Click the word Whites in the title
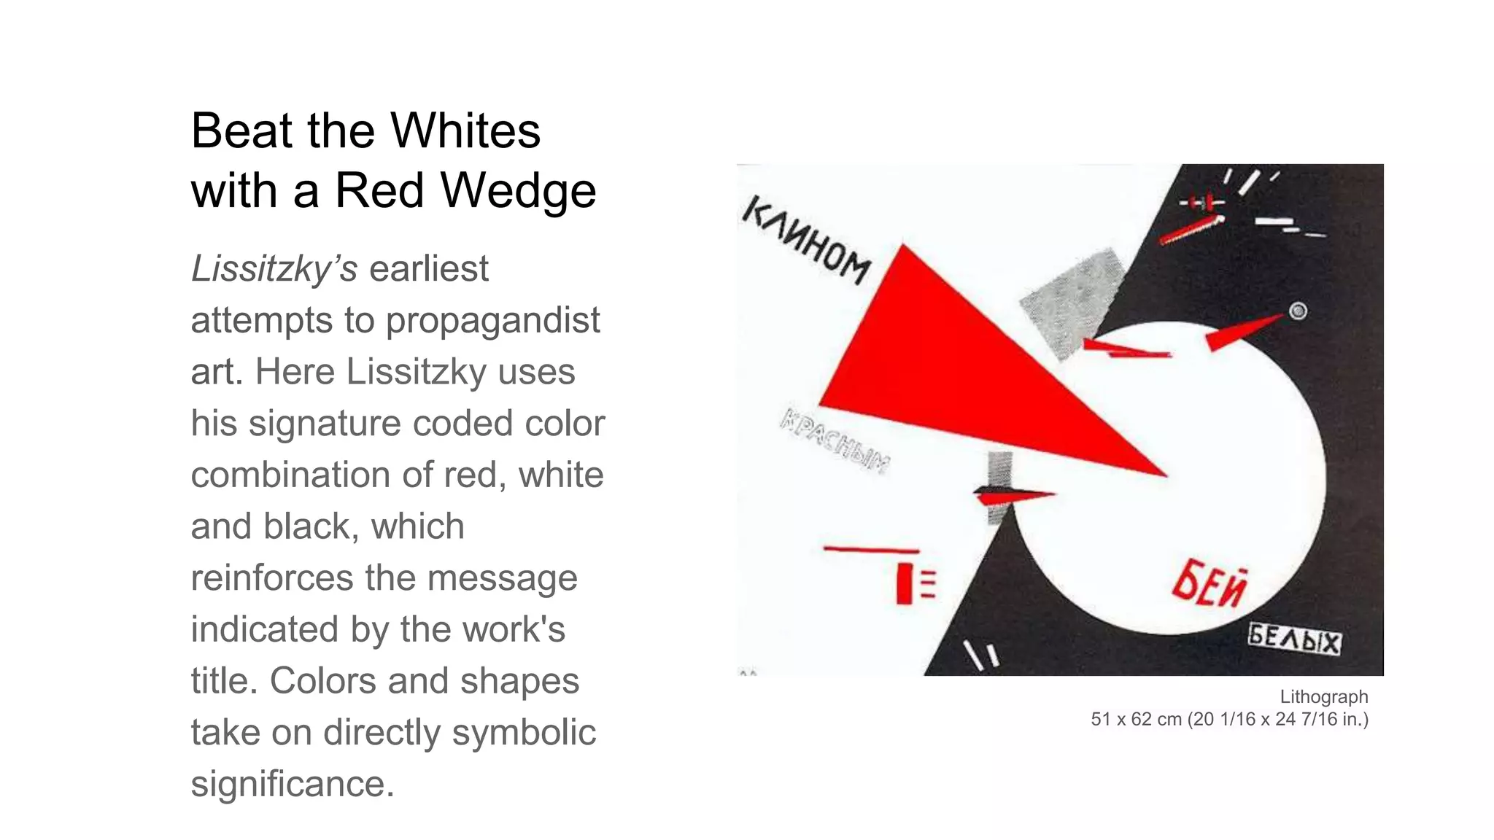click(465, 131)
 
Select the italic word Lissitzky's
click(274, 270)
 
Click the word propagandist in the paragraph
click(492, 320)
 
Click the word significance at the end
click(293, 785)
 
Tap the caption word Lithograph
click(1323, 697)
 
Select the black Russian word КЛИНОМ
click(806, 241)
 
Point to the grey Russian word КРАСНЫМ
click(835, 441)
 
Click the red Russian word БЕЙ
click(1209, 586)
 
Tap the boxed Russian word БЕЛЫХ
click(1294, 639)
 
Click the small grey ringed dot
click(1298, 311)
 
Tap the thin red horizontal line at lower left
click(871, 549)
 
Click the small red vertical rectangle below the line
click(905, 583)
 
